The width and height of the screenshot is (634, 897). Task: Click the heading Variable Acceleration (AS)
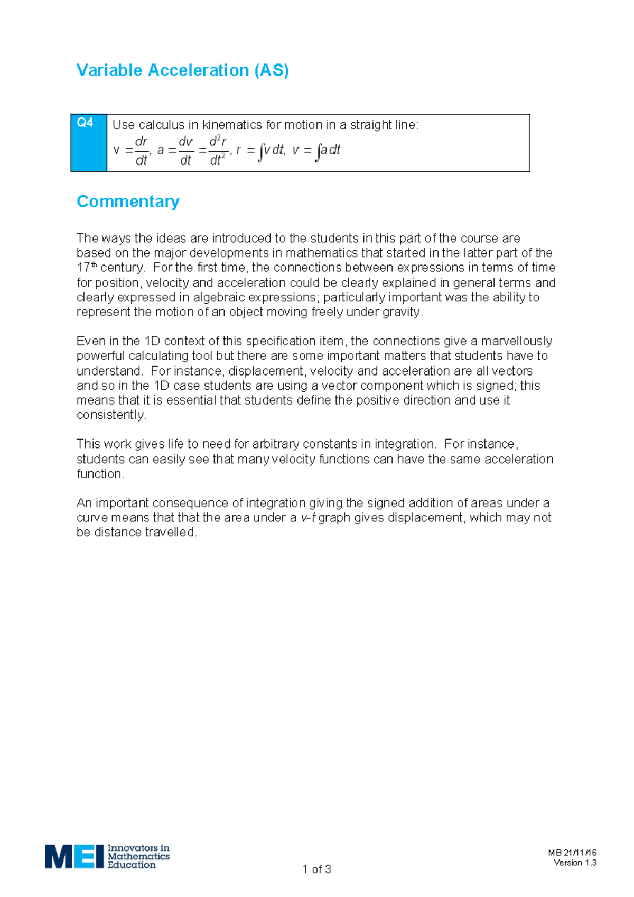click(182, 70)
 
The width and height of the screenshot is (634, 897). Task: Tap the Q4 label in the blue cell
click(85, 123)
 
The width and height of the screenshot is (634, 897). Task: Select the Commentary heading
click(128, 202)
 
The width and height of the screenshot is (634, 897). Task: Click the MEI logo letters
click(74, 856)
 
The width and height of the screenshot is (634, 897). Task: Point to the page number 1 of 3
click(316, 869)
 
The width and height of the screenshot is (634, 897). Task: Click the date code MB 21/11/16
click(572, 853)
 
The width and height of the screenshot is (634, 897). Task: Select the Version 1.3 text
click(575, 863)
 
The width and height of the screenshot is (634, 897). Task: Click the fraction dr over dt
click(141, 151)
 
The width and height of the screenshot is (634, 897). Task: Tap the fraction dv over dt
click(185, 151)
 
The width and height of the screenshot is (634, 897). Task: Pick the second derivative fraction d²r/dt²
click(218, 151)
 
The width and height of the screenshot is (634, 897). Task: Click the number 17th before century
click(87, 267)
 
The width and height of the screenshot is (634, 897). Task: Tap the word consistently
click(110, 415)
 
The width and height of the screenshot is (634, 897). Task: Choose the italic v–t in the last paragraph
click(307, 518)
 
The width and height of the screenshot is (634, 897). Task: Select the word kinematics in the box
click(232, 125)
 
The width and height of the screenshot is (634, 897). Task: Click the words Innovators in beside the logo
click(138, 847)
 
